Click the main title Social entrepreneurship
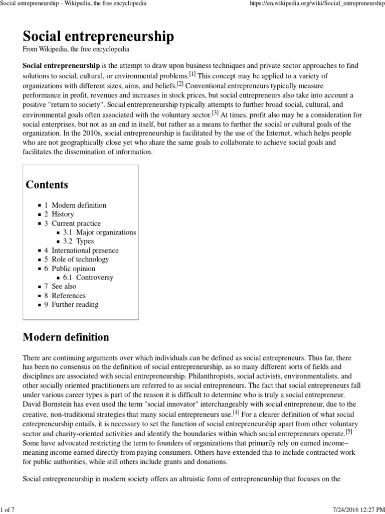(x=98, y=36)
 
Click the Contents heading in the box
(x=47, y=185)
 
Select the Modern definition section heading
(x=66, y=337)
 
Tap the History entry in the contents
(x=63, y=214)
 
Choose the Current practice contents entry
(x=76, y=223)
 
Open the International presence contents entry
(x=85, y=250)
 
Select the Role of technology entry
(x=80, y=260)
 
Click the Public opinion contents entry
(x=73, y=269)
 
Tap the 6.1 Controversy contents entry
(x=94, y=278)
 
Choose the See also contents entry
(x=64, y=287)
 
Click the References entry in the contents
(x=69, y=296)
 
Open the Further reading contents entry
(x=75, y=305)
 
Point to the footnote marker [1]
(x=192, y=73)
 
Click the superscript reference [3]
(x=215, y=112)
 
